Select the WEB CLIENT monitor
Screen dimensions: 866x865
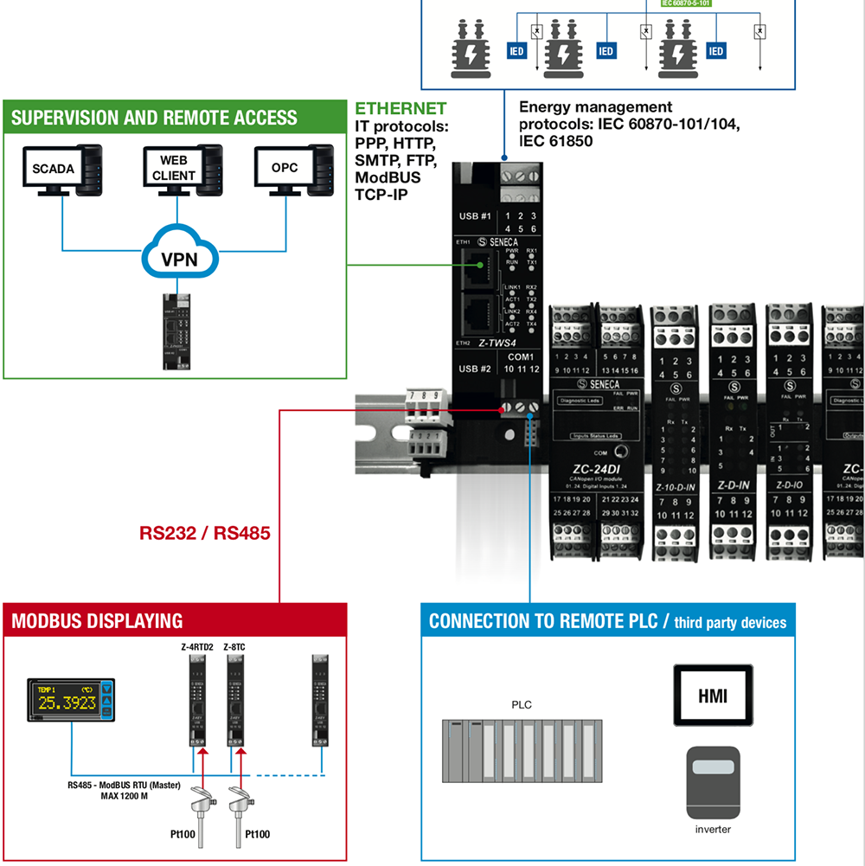click(x=175, y=168)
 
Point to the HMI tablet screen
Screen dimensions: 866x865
click(x=713, y=695)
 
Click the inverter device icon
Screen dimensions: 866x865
click(x=713, y=784)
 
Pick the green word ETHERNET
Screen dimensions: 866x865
click(x=400, y=109)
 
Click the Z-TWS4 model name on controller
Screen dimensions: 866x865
click(x=503, y=343)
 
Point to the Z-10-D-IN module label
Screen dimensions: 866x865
click(x=676, y=487)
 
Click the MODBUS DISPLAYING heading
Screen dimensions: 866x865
click(x=97, y=621)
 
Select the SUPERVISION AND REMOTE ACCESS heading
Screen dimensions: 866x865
click(x=154, y=118)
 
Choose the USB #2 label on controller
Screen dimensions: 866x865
click(x=475, y=369)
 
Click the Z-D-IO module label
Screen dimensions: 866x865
click(x=789, y=486)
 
